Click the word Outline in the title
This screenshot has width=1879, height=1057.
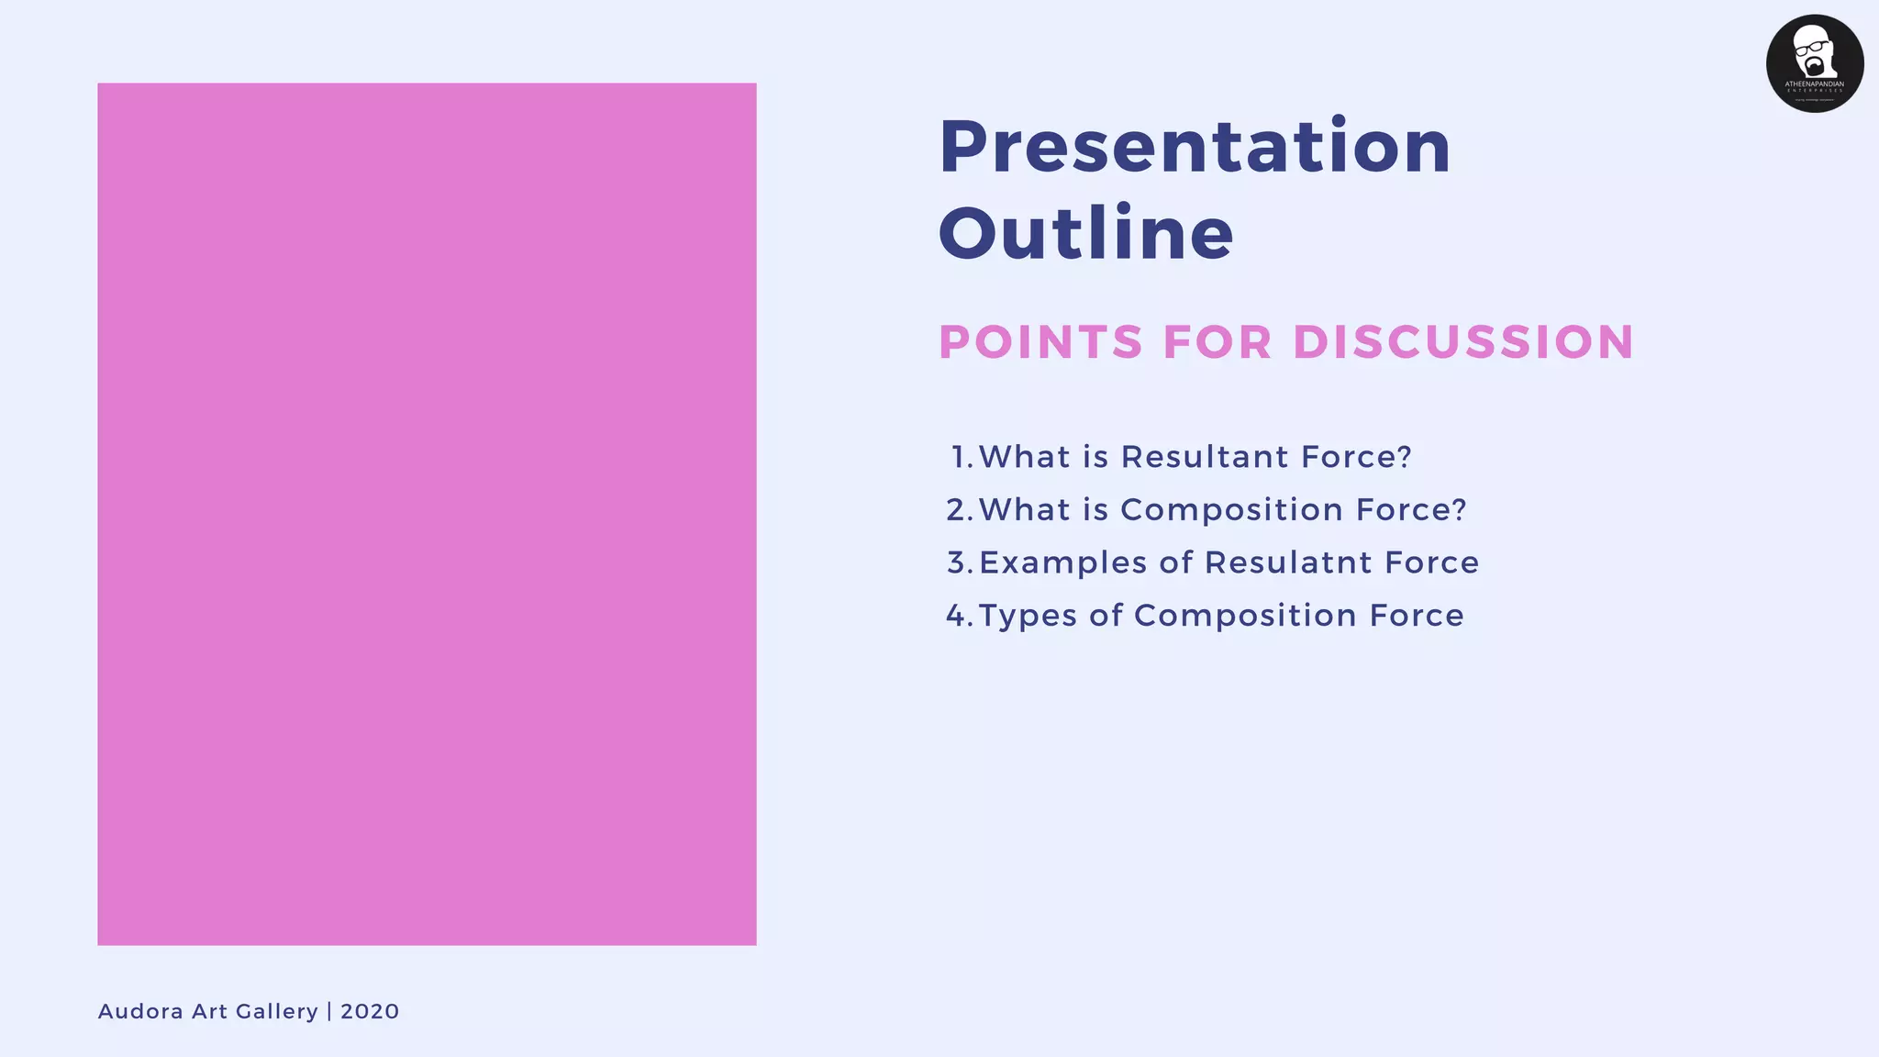click(1086, 232)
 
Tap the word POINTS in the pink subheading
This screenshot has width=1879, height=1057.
click(1041, 342)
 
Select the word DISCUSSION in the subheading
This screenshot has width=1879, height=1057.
click(1463, 342)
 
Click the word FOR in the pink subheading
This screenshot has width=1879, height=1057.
click(1217, 342)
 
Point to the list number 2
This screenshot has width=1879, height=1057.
click(960, 510)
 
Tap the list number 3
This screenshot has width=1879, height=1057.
click(960, 562)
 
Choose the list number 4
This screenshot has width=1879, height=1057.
click(960, 616)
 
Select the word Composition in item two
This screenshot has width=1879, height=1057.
click(1232, 510)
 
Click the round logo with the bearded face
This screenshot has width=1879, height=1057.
click(1815, 63)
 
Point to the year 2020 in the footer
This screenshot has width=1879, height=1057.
click(370, 1011)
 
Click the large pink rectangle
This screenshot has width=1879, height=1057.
click(427, 514)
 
